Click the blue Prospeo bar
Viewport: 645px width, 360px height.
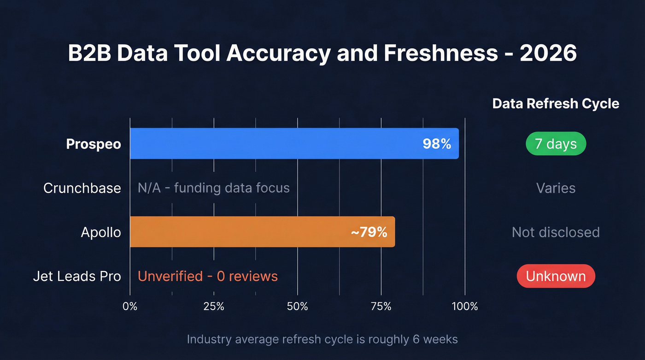(x=276, y=143)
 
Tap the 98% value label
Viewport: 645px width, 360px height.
(x=436, y=144)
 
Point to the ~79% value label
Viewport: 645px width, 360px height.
(x=369, y=232)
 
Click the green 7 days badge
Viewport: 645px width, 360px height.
(x=556, y=144)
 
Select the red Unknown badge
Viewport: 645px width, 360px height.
(x=556, y=276)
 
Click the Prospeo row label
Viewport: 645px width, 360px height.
(x=94, y=144)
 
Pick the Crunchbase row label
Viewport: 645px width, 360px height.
(x=82, y=188)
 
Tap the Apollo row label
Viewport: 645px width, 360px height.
(x=101, y=232)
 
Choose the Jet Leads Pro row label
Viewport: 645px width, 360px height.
(x=77, y=276)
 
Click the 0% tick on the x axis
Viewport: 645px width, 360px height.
(x=130, y=306)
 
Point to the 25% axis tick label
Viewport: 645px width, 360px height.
(x=214, y=306)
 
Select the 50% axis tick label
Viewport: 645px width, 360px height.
(x=297, y=306)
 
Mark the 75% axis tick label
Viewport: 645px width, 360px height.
(x=381, y=306)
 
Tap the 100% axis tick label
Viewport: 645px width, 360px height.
(x=465, y=306)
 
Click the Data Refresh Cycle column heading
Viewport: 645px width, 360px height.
(x=556, y=104)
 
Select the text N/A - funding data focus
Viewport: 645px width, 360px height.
(x=214, y=188)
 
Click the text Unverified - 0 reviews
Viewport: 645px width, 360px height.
(x=208, y=276)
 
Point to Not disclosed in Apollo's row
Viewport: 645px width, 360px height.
(x=556, y=232)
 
